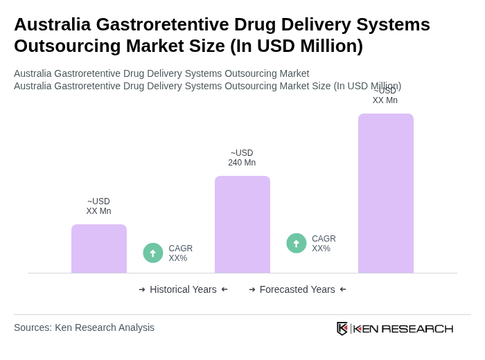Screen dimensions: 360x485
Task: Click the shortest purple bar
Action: tap(99, 249)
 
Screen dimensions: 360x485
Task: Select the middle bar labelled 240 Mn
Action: tap(242, 224)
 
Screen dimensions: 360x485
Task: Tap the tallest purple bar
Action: tap(386, 193)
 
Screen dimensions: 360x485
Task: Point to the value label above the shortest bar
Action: tap(98, 206)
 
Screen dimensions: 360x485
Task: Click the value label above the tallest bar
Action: tap(385, 96)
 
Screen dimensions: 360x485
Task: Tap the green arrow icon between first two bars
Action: tap(153, 253)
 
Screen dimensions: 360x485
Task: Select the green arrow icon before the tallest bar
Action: tap(297, 243)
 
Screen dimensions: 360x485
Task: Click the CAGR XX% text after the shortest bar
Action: tap(181, 253)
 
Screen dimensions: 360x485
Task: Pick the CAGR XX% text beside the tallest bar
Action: tap(324, 244)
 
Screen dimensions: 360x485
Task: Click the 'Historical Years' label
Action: tap(183, 289)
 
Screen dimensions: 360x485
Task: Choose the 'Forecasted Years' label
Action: tap(297, 289)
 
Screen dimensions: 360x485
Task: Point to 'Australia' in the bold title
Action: tap(52, 24)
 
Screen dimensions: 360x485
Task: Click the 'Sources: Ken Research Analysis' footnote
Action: tap(84, 327)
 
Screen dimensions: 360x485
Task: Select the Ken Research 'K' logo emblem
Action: tap(342, 328)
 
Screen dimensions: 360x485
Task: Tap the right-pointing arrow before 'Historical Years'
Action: tap(142, 289)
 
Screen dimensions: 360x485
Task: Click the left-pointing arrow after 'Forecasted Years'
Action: tap(343, 289)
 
